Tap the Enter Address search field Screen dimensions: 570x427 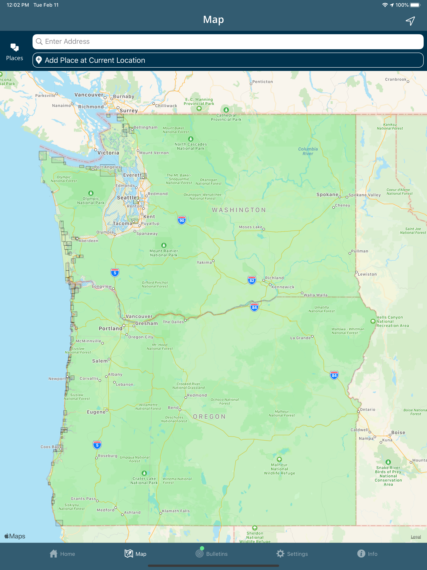228,42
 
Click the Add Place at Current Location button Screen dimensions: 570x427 228,60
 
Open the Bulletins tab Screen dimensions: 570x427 212,554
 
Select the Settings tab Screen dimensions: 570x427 292,554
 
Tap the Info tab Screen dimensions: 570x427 367,554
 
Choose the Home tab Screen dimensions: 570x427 62,554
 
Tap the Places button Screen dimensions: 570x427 14,52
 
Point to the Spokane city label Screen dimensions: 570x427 327,194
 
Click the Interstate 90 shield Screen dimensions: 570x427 182,220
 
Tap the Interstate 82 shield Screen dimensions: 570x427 252,280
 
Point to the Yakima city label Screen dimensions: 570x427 204,262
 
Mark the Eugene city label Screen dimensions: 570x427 96,412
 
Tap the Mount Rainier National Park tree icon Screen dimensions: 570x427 164,245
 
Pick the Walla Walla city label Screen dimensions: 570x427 315,295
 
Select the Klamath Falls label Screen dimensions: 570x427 176,511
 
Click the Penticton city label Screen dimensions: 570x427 262,82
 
